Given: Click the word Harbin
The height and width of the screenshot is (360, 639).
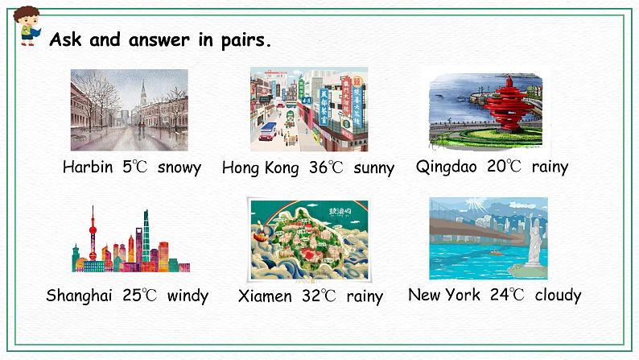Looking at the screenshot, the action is click(x=88, y=167).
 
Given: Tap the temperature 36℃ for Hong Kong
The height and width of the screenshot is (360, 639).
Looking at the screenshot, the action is click(x=326, y=168).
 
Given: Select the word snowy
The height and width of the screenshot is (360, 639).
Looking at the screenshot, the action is click(x=179, y=168).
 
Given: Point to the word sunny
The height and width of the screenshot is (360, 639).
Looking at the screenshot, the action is click(x=373, y=168).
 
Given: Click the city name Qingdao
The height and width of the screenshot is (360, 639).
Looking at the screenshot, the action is click(x=446, y=168).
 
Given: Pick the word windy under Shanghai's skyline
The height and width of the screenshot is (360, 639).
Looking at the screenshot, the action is click(x=188, y=296).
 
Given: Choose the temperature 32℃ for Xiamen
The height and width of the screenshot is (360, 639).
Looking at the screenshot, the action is click(x=319, y=296).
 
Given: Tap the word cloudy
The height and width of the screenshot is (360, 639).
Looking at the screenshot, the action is click(x=558, y=296).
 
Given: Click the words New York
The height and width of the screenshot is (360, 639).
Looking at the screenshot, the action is click(x=443, y=294).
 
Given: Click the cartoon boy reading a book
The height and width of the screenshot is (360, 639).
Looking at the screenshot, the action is click(x=27, y=25).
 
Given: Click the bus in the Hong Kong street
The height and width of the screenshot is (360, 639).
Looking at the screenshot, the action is click(x=268, y=131).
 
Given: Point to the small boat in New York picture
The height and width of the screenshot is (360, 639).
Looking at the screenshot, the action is click(x=496, y=253).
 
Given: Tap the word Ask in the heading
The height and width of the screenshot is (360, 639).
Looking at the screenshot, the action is click(x=65, y=39).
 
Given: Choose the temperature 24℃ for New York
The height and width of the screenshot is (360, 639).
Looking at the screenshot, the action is click(x=507, y=294).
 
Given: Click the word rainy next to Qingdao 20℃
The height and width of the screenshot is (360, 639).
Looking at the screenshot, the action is click(x=550, y=168).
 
